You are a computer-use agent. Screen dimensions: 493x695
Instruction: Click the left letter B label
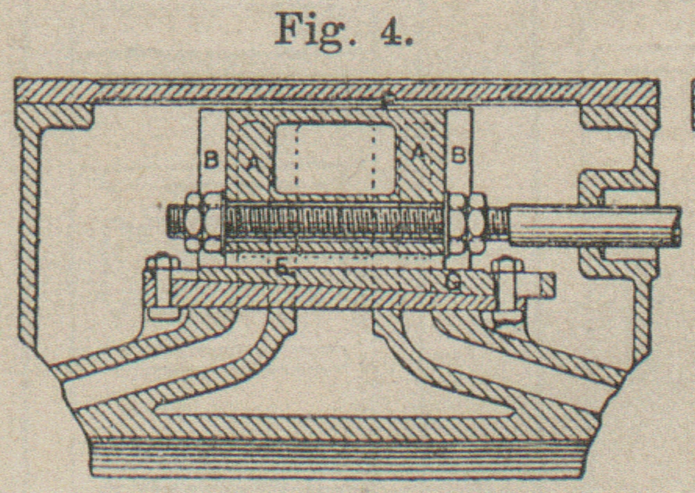click(210, 159)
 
